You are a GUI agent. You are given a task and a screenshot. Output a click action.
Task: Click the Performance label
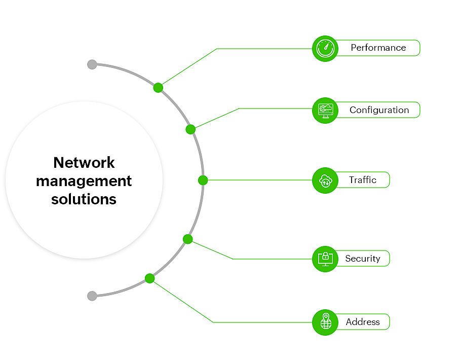[x=378, y=48]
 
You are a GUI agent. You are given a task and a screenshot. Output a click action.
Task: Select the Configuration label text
[x=379, y=110]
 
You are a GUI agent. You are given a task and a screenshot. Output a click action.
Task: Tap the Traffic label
[x=363, y=180]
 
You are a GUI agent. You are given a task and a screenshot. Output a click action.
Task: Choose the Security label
[x=363, y=259]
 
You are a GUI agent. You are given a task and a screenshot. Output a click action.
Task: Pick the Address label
[x=363, y=322]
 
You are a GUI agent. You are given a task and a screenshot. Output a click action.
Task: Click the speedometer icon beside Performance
[x=325, y=48]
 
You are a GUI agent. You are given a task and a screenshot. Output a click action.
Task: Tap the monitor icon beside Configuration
[x=325, y=110]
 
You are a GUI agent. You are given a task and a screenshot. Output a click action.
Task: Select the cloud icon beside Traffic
[x=325, y=180]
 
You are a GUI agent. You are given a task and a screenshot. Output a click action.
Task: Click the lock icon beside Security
[x=325, y=259]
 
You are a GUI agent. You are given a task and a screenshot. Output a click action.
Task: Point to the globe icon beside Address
[x=325, y=322]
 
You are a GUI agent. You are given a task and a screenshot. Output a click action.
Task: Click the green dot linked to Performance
[x=158, y=88]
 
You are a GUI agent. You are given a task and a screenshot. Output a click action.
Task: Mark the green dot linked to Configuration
[x=190, y=129]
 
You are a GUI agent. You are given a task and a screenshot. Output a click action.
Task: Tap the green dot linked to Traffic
[x=203, y=180]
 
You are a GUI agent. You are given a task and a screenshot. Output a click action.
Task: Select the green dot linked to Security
[x=188, y=239]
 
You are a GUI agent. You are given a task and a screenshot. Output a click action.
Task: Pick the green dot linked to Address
[x=149, y=278]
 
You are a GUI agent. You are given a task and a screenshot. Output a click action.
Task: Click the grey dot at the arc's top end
[x=92, y=64]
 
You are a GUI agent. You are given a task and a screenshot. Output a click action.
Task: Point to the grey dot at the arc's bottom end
[x=92, y=296]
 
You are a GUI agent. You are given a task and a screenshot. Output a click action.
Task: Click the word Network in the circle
[x=84, y=163]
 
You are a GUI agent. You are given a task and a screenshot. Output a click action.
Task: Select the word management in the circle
[x=84, y=181]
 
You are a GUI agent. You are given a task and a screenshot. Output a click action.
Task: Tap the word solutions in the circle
[x=84, y=199]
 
